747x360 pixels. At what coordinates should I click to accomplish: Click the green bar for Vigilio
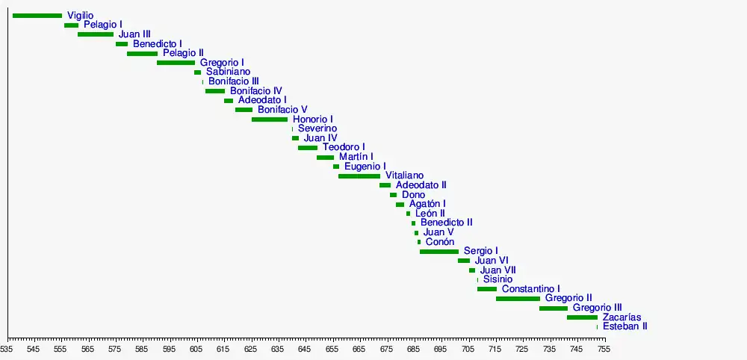(x=37, y=16)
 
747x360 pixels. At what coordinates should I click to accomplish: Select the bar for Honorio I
(x=270, y=120)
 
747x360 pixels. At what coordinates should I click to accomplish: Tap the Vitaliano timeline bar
(x=359, y=176)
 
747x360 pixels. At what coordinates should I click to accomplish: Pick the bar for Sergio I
(x=439, y=252)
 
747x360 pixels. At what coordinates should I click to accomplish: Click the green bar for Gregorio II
(x=518, y=299)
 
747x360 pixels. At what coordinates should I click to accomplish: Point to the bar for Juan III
(x=96, y=34)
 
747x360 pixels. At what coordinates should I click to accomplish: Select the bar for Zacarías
(x=582, y=317)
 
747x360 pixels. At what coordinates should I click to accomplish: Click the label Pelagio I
(x=103, y=25)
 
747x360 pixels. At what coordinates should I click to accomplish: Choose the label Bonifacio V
(x=282, y=110)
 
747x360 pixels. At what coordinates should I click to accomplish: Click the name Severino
(x=317, y=128)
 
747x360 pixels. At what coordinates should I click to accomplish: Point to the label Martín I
(x=356, y=157)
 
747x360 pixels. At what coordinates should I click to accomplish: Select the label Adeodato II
(x=421, y=185)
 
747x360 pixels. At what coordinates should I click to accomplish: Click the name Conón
(x=440, y=242)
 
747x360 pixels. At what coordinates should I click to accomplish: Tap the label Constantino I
(x=531, y=289)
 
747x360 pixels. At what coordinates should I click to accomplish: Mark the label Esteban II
(x=625, y=326)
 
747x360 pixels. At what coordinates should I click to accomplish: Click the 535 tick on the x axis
(x=7, y=349)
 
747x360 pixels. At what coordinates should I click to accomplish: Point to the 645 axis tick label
(x=305, y=349)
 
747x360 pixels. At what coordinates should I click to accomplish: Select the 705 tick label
(x=468, y=349)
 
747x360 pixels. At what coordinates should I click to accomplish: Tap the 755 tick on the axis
(x=603, y=349)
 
